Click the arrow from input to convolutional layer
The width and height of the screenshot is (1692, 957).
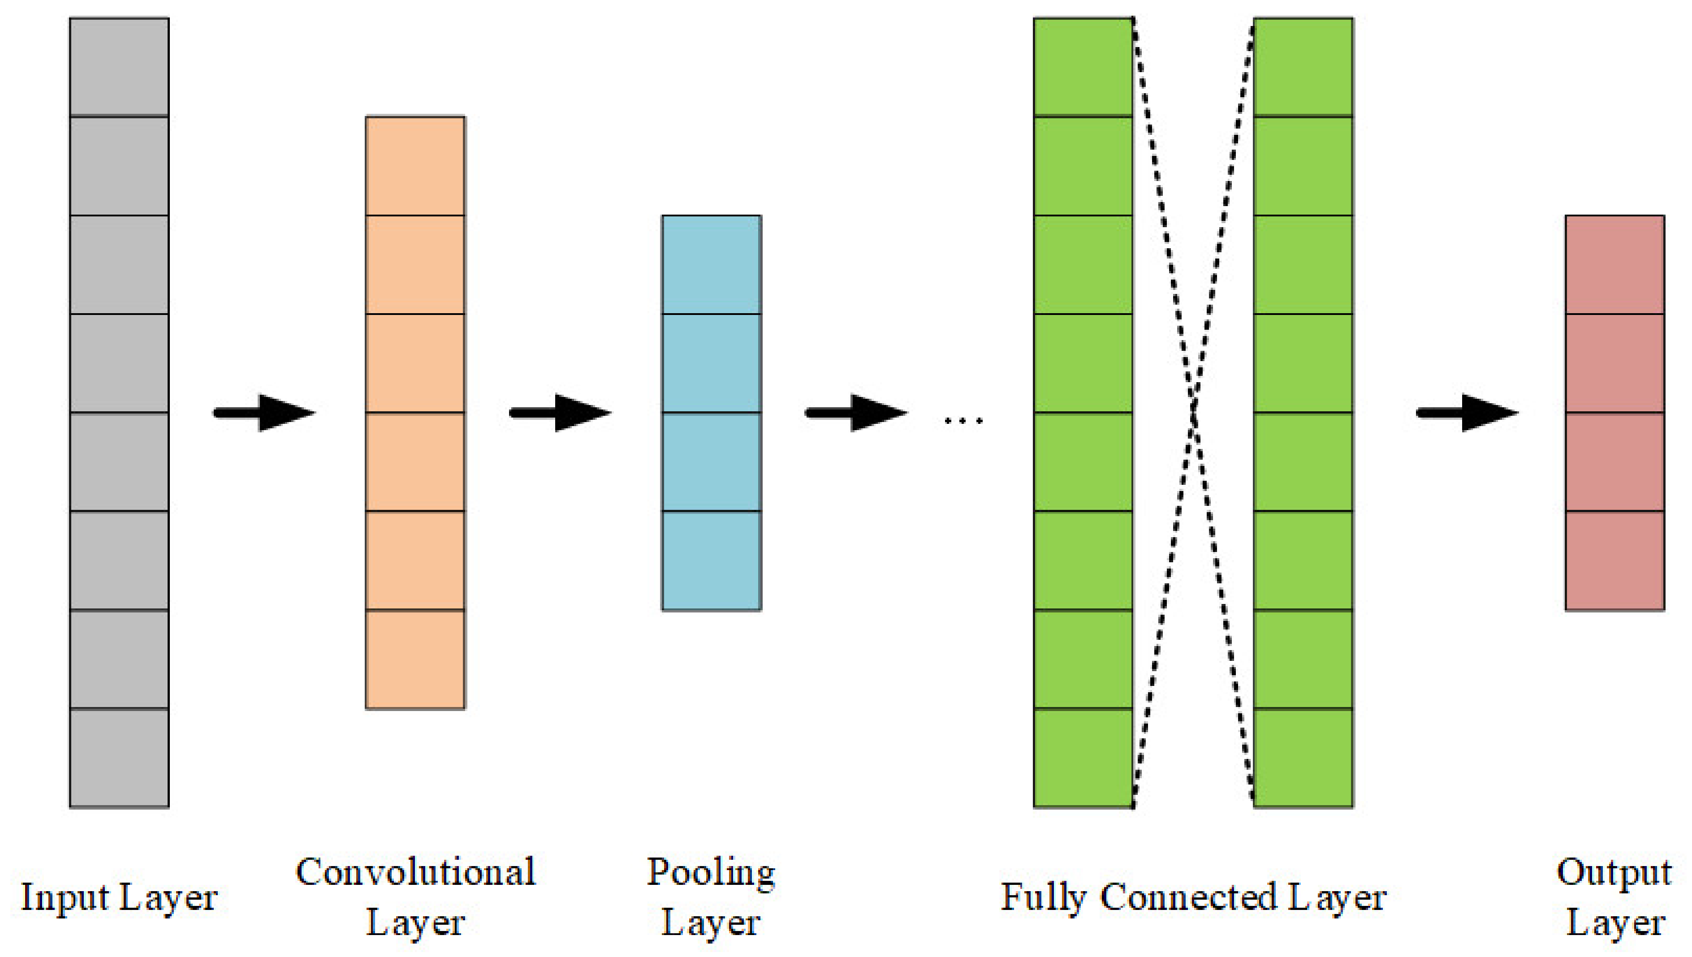click(x=264, y=413)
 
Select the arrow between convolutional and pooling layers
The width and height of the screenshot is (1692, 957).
click(x=560, y=413)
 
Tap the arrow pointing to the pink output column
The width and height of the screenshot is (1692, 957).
click(x=1467, y=413)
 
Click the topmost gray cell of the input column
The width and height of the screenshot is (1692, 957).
click(x=119, y=67)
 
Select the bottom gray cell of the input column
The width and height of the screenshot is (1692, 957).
click(x=119, y=757)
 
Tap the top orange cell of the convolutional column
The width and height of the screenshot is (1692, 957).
click(x=415, y=166)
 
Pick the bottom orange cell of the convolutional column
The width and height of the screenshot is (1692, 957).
click(x=415, y=659)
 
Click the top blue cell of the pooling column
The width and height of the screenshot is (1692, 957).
click(x=711, y=264)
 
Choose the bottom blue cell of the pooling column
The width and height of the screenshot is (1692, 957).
click(x=711, y=560)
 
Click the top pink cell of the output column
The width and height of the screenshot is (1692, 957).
click(x=1614, y=264)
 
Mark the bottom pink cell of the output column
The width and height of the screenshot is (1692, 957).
click(x=1614, y=560)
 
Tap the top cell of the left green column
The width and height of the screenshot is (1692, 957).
click(x=1083, y=67)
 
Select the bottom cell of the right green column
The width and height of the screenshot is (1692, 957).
click(x=1303, y=757)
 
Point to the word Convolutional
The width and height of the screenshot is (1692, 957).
click(x=415, y=872)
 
